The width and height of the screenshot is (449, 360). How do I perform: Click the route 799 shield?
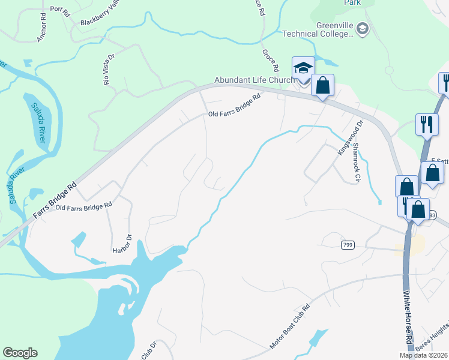[348, 245]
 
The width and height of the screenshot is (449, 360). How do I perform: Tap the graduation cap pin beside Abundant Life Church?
[303, 68]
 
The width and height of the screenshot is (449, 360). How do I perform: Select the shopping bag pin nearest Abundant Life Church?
[323, 85]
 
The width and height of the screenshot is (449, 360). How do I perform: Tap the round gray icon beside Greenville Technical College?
[363, 28]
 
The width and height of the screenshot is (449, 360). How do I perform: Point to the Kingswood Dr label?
[343, 139]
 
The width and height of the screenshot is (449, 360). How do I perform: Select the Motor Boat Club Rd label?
[289, 326]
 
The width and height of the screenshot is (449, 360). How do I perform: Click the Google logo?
[20, 353]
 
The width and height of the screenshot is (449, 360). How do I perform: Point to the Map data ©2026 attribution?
[423, 355]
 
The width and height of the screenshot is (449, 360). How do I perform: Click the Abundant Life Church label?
[254, 80]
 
